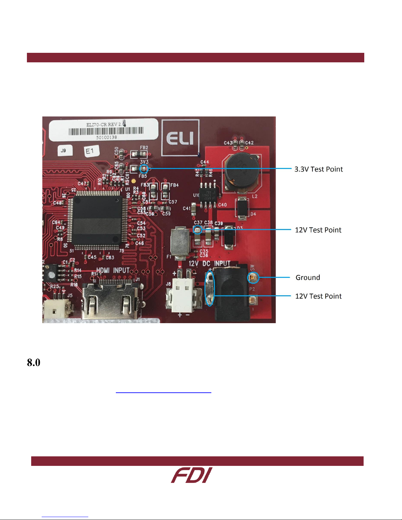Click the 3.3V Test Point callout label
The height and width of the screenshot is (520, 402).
318,169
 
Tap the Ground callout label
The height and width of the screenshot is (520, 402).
307,278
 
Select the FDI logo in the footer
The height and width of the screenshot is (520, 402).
192,475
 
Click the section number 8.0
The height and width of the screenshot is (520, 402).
33,363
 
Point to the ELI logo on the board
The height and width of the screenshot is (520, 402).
180,138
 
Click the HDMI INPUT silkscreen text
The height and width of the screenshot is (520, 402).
113,270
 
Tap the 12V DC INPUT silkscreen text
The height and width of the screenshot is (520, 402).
209,263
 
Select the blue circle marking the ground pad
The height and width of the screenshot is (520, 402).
253,278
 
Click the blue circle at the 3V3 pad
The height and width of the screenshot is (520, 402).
144,169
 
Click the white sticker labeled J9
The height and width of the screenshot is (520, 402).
64,150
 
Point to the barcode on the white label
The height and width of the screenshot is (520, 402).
106,131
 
